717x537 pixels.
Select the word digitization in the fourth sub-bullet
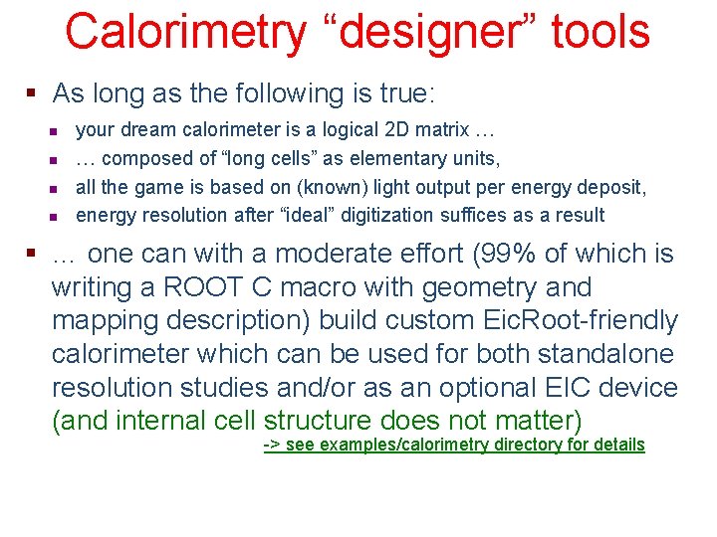393,215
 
